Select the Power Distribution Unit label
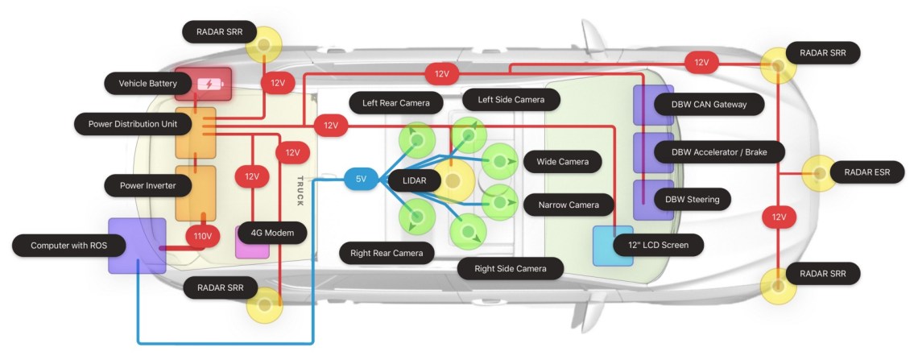[132, 124]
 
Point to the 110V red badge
[203, 237]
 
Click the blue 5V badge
[361, 180]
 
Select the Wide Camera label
[562, 161]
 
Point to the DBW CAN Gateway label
[697, 104]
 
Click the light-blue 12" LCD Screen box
[613, 246]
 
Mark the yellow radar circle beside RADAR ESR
[819, 172]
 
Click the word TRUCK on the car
[300, 191]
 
